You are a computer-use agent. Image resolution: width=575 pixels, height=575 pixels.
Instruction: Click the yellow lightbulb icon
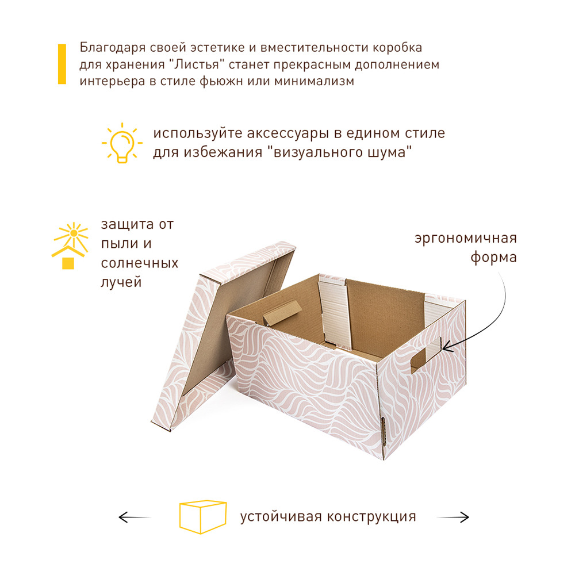coord(122,143)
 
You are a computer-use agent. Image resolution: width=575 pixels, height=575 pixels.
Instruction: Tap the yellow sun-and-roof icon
coord(70,246)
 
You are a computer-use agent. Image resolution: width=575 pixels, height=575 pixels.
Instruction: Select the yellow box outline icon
coord(203,517)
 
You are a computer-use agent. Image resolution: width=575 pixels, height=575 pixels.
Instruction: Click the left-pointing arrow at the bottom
coord(135,517)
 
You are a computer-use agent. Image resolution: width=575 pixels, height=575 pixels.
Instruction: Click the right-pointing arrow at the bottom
coord(453,517)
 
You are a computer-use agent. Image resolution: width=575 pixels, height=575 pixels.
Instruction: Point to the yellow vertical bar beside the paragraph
coord(62,64)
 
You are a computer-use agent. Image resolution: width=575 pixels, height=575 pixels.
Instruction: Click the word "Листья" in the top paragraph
coord(197,64)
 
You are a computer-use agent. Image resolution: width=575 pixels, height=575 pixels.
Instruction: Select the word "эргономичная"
coord(466,239)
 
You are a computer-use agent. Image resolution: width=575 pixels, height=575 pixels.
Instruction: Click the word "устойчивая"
coord(281,517)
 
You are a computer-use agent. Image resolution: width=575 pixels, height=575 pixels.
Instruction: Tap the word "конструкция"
coord(371,517)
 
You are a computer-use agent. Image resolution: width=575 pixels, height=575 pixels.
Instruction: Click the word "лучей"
coord(121,282)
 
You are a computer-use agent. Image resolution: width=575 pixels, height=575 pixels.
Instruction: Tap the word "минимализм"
coord(315,81)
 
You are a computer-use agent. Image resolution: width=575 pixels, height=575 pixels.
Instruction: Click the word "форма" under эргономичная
coord(493,258)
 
